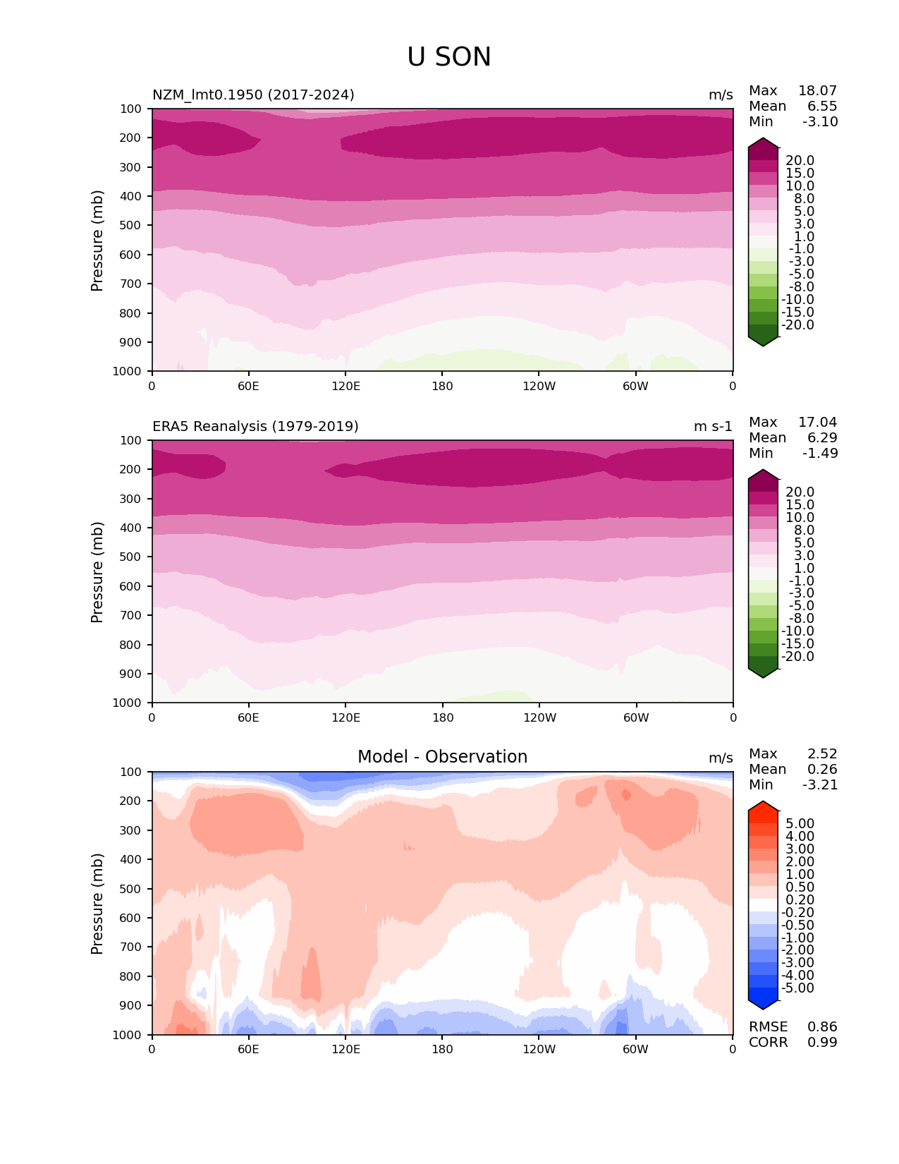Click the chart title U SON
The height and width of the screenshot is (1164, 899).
pyautogui.click(x=449, y=57)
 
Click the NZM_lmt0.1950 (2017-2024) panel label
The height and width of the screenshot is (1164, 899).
pyautogui.click(x=253, y=95)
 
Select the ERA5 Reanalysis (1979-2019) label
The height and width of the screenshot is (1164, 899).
pyautogui.click(x=255, y=426)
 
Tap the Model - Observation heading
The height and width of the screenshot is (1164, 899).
pyautogui.click(x=442, y=757)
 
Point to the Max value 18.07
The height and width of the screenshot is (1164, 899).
pyautogui.click(x=817, y=90)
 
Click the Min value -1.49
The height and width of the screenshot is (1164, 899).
pyautogui.click(x=820, y=453)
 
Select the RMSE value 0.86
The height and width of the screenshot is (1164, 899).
pyautogui.click(x=822, y=1026)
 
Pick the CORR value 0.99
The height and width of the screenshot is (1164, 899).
pyautogui.click(x=822, y=1042)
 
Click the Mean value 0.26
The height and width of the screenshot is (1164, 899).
pyautogui.click(x=822, y=769)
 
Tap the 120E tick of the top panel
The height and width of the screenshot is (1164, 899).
pyautogui.click(x=345, y=386)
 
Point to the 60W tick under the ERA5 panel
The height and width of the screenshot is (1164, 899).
pyautogui.click(x=636, y=717)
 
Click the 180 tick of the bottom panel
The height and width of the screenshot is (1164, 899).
pyautogui.click(x=442, y=1049)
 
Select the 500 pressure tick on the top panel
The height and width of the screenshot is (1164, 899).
pyautogui.click(x=131, y=225)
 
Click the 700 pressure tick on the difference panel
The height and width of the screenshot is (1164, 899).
pyautogui.click(x=131, y=947)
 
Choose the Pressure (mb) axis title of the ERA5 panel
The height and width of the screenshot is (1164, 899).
pyautogui.click(x=97, y=571)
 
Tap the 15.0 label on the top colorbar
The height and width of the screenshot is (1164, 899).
pyautogui.click(x=800, y=173)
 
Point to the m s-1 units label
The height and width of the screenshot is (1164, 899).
pyautogui.click(x=713, y=426)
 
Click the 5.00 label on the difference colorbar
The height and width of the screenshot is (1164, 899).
pyautogui.click(x=800, y=823)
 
